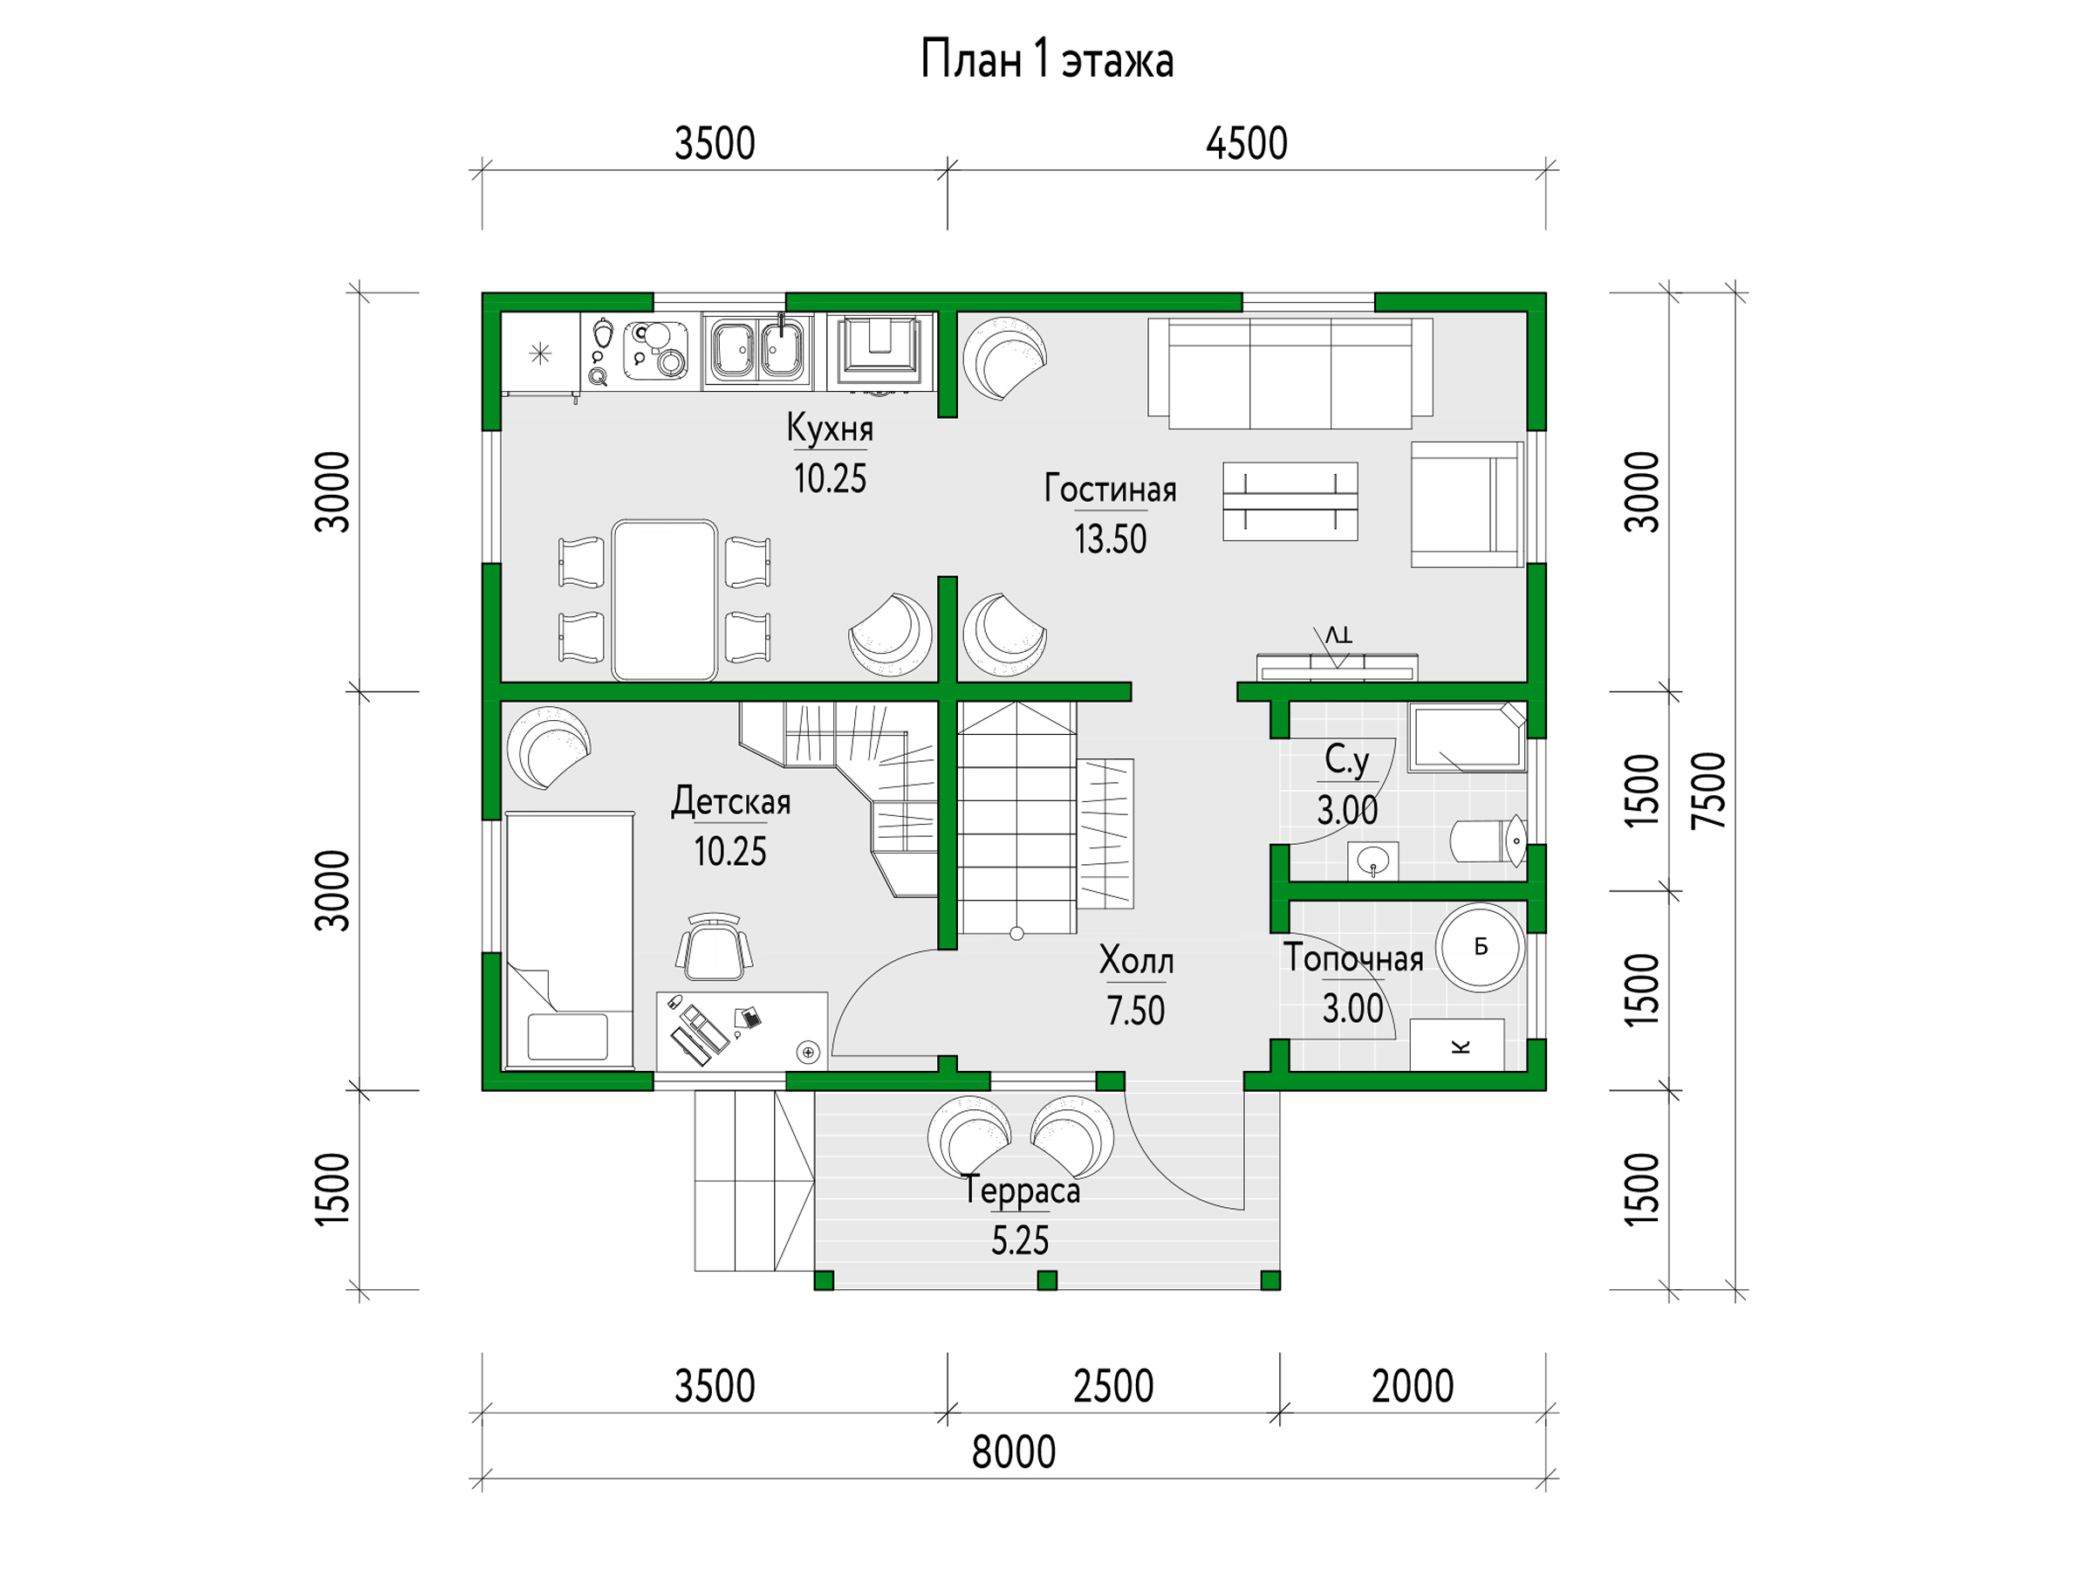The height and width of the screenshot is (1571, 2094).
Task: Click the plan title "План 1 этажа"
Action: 1047,60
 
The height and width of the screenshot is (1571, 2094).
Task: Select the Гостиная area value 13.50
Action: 1111,539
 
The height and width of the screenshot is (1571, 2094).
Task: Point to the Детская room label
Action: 731,802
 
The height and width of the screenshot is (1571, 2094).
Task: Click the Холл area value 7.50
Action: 1136,1012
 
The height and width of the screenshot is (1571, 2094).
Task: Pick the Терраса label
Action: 1022,1190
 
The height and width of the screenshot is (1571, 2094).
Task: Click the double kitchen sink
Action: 757,350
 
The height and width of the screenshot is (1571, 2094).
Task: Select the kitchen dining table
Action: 664,600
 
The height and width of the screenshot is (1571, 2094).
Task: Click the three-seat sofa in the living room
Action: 1290,373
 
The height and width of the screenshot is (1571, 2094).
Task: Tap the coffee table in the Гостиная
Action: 1290,502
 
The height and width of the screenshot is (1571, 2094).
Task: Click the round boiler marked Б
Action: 1481,947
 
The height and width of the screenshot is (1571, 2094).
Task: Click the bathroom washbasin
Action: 1372,861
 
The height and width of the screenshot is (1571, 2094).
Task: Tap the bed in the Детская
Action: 570,940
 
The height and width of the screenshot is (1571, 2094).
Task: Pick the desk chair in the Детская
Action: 715,947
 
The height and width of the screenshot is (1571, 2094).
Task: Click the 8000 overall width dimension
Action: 1014,1452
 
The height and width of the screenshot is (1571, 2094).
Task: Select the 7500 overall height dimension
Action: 1709,791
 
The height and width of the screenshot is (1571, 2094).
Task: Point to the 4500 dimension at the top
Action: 1247,144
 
